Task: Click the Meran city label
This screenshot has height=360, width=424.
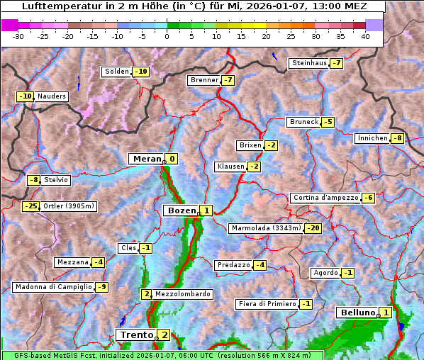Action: click(147, 159)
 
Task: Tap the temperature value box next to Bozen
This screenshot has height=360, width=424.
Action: click(206, 210)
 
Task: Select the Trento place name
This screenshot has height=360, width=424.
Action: click(136, 334)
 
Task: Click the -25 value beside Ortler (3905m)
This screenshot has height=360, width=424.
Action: click(30, 206)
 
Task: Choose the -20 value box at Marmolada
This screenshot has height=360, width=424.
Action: click(313, 228)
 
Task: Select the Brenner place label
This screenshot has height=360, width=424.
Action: click(204, 80)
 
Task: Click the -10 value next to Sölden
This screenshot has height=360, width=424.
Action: click(141, 72)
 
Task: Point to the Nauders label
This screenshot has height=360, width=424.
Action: click(52, 96)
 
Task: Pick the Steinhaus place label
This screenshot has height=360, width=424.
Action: click(309, 63)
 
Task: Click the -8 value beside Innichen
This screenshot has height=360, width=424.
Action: click(398, 138)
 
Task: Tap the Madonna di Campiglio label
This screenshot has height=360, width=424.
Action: click(53, 287)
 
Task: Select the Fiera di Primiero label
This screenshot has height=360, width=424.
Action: click(267, 304)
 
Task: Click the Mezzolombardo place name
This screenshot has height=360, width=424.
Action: click(182, 294)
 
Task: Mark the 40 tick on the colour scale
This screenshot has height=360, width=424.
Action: click(365, 36)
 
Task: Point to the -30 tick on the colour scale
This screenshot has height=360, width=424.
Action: click(18, 36)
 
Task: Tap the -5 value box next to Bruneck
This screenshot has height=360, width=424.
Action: click(328, 122)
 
